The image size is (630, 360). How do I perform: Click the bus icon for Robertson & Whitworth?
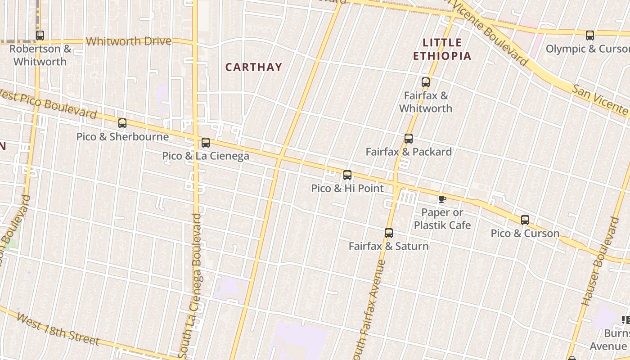coord(40,35)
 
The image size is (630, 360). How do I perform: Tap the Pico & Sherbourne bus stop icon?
coord(122,123)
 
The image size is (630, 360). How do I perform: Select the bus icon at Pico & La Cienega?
coord(206,143)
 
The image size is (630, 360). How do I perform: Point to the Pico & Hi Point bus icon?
coord(347,175)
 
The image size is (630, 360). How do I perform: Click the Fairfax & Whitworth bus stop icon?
coord(426,82)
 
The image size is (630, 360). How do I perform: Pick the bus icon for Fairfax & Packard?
coord(409,139)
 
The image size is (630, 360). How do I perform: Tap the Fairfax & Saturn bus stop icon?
coord(389,233)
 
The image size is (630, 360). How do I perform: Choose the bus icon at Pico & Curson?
coord(525,220)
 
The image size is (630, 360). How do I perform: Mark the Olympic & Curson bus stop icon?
coord(590,35)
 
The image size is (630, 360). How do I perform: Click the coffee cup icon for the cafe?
coord(442,199)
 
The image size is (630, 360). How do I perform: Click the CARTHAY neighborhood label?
coord(254,67)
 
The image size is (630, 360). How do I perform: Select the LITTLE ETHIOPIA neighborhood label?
coord(442,49)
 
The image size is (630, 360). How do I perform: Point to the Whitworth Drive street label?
coord(129,41)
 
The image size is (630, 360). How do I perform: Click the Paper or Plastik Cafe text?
coord(442,219)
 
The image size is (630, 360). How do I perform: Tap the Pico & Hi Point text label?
coord(347,188)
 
